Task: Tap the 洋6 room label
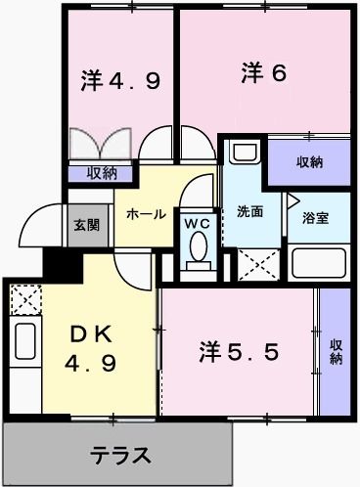coord(263,73)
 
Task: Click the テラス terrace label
coord(121,455)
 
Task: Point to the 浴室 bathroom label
coord(314,217)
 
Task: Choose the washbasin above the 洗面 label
coord(244,155)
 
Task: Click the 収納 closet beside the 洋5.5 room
coord(336,350)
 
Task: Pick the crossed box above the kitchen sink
coord(23,297)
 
